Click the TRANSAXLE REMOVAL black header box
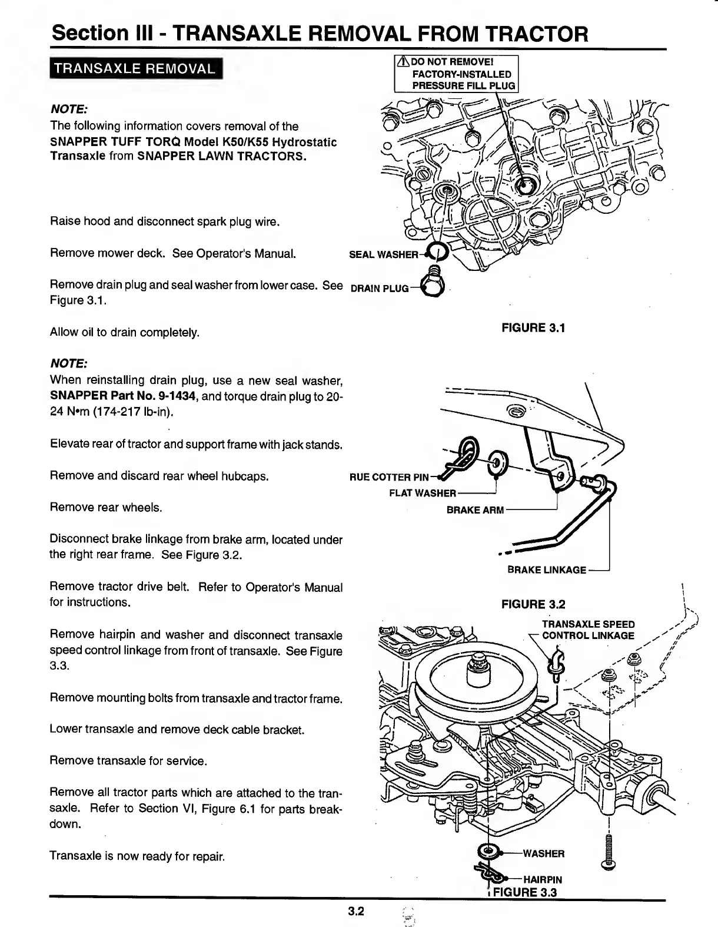click(134, 68)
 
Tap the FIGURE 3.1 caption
click(533, 328)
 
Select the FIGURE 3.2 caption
click(533, 604)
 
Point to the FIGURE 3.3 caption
click(524, 892)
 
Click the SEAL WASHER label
click(383, 254)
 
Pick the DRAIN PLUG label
click(380, 289)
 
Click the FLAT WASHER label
click(422, 494)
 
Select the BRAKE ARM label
click(475, 510)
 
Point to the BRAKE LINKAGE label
click(547, 570)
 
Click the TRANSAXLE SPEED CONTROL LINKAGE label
click(588, 630)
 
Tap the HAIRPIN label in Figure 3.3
click(543, 880)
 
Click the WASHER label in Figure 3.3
click(543, 853)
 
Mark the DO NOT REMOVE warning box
click(457, 74)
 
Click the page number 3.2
click(356, 912)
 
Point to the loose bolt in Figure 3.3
click(609, 850)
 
